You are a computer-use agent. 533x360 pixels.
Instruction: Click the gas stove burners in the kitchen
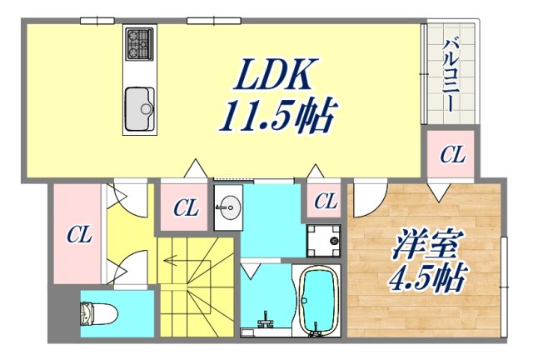click(x=138, y=44)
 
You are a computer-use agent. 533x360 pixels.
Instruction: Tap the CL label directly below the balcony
click(x=452, y=154)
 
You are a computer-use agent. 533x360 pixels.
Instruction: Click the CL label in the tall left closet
click(x=79, y=235)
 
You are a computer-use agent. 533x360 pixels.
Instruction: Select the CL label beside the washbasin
click(x=186, y=208)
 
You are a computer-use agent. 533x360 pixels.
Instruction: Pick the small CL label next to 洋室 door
click(x=326, y=201)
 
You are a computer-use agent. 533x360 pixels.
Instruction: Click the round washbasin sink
click(x=225, y=207)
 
